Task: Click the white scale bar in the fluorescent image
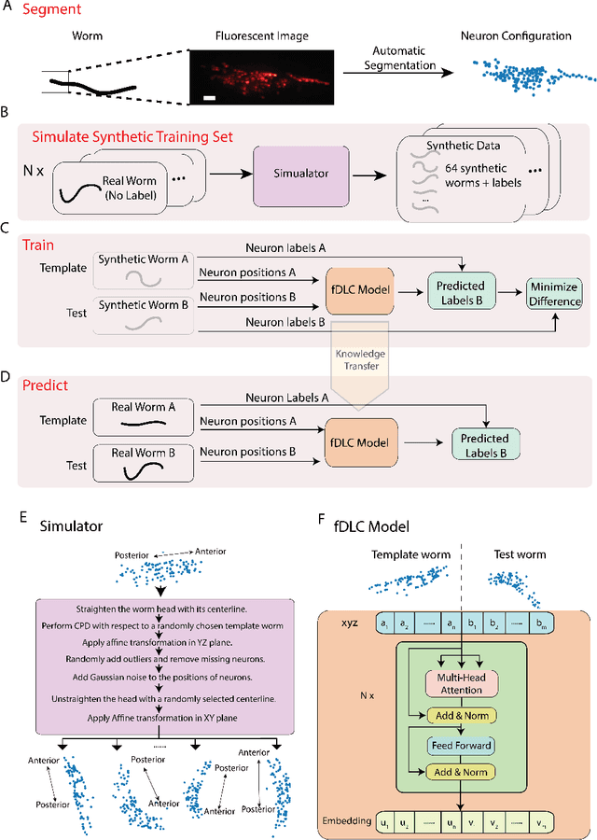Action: tap(211, 96)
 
